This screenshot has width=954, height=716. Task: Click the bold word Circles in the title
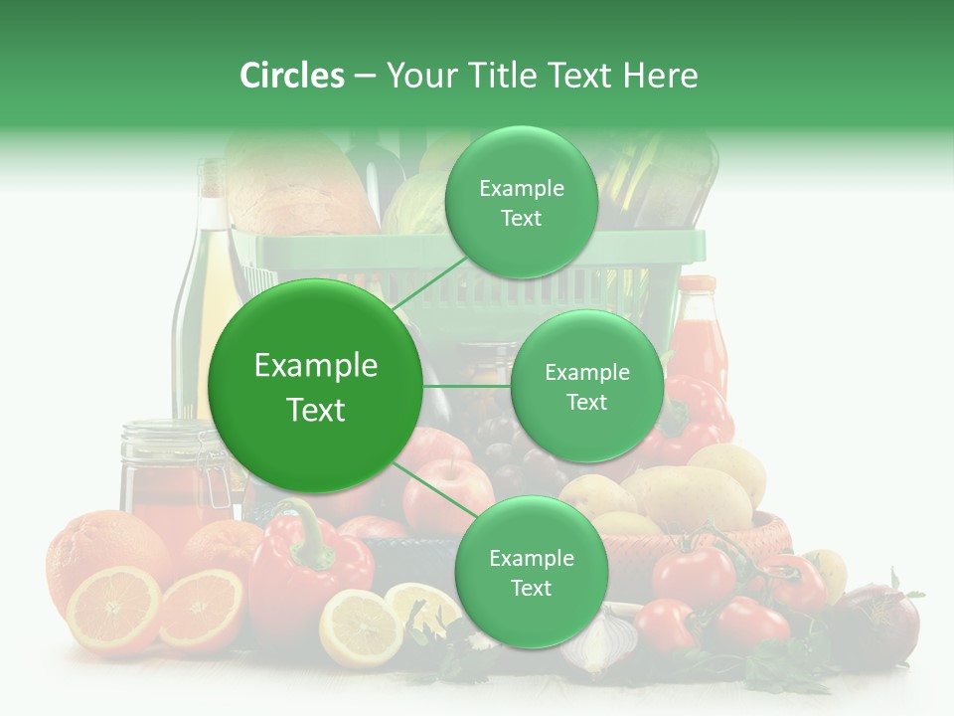291,76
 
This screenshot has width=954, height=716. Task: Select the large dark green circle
315,386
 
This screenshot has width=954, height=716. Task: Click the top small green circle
522,203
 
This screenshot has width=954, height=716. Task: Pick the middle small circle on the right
586,387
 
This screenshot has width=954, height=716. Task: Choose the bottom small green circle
531,573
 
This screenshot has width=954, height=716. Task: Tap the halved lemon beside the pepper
360,627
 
